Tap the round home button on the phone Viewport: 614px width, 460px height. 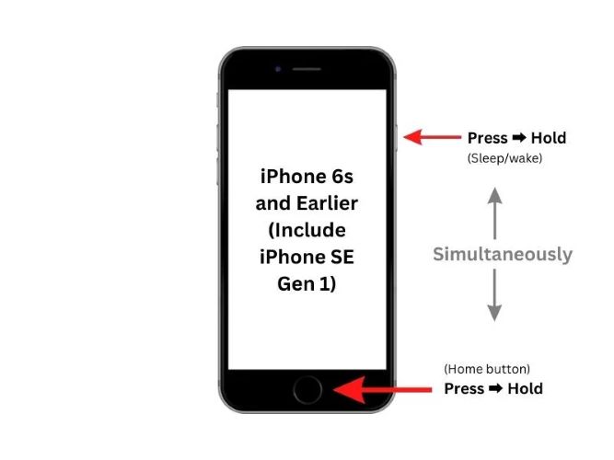click(307, 390)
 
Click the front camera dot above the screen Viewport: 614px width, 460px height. click(278, 69)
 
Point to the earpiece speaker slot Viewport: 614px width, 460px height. click(307, 69)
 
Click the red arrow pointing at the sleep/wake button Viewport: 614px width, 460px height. click(433, 137)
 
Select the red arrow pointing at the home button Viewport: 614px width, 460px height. click(383, 390)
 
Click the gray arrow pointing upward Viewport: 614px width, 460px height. click(495, 213)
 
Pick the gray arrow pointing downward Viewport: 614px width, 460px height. click(494, 295)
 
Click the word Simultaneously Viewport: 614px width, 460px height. click(503, 254)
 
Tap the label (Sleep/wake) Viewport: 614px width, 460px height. click(504, 158)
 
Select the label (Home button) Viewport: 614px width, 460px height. click(487, 369)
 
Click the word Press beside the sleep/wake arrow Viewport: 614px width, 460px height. click(488, 138)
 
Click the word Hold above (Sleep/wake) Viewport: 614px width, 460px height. click(549, 138)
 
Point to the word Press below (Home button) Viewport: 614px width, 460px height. click(464, 389)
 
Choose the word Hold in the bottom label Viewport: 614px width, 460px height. click(525, 389)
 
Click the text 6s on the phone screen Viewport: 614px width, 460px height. click(338, 177)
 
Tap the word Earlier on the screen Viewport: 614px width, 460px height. click(328, 203)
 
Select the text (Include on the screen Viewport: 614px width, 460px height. click(307, 231)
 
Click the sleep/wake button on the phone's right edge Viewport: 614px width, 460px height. click(396, 137)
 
